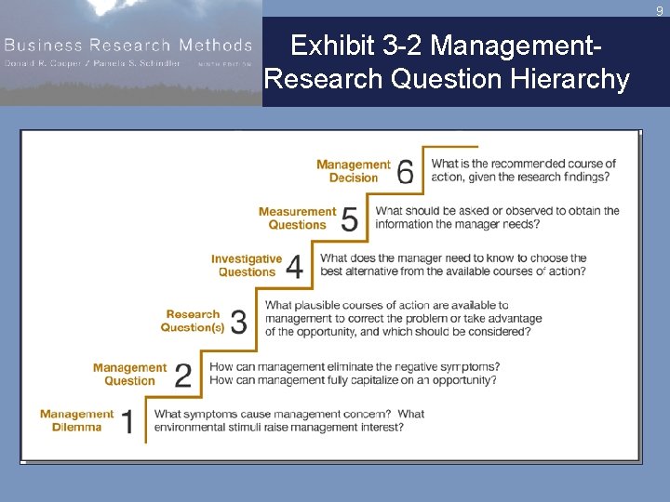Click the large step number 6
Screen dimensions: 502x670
[x=406, y=172]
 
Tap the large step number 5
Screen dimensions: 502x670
[x=350, y=219]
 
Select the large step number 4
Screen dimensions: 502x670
[x=294, y=267]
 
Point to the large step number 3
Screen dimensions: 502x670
[x=239, y=323]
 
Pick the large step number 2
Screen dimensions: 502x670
[x=183, y=376]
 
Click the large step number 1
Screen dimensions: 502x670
[x=127, y=423]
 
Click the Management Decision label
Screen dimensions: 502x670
[x=354, y=171]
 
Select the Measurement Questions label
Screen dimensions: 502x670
[x=297, y=218]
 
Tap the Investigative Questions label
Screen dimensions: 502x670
[x=247, y=266]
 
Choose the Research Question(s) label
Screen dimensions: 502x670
[x=193, y=321]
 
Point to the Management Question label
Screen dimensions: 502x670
[x=129, y=375]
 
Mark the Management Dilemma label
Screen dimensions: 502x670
[x=76, y=421]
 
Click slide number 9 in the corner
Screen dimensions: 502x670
[x=659, y=11]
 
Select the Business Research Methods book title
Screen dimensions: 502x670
[x=127, y=46]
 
